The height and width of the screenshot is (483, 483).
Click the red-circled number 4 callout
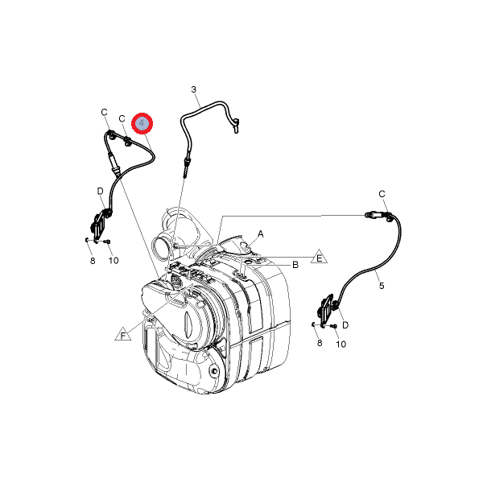(x=142, y=123)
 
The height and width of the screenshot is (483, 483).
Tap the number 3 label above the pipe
(x=193, y=89)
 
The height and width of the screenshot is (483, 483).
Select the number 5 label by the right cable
(x=382, y=286)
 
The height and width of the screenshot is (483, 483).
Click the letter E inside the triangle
(x=320, y=258)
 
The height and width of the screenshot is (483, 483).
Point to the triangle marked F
(x=123, y=334)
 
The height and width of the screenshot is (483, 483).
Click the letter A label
(x=261, y=234)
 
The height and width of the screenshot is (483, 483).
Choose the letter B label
(x=295, y=265)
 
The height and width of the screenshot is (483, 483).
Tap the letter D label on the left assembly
(x=100, y=192)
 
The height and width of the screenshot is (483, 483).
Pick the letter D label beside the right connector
(x=345, y=325)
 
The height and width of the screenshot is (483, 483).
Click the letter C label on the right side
(x=382, y=194)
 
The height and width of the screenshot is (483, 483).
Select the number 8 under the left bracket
(x=93, y=261)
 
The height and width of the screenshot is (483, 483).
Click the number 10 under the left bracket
(x=114, y=261)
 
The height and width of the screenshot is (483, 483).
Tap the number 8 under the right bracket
(x=320, y=343)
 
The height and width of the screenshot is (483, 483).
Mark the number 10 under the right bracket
(x=341, y=344)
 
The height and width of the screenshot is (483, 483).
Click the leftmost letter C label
(x=104, y=112)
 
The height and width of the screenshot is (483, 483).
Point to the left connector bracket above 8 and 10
(x=100, y=225)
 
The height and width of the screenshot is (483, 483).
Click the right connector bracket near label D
(x=327, y=311)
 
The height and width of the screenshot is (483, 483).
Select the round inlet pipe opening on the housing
(x=160, y=248)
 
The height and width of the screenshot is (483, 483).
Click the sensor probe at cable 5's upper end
(x=374, y=215)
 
